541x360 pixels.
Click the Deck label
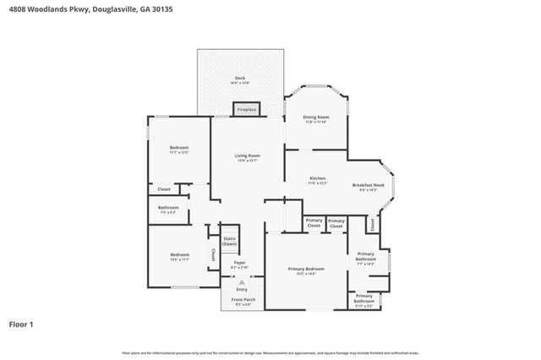pyautogui.click(x=240, y=79)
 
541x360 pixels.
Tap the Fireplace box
pyautogui.click(x=247, y=110)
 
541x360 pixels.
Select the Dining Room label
pyautogui.click(x=316, y=117)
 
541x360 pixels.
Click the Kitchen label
pyautogui.click(x=318, y=178)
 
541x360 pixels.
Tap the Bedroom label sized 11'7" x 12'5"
pyautogui.click(x=178, y=148)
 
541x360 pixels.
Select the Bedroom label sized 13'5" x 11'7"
pyautogui.click(x=179, y=254)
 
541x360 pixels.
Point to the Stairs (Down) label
pyautogui.click(x=229, y=241)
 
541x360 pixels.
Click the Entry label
pyautogui.click(x=242, y=289)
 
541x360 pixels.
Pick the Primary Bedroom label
pyautogui.click(x=305, y=269)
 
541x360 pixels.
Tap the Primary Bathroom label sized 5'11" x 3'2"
pyautogui.click(x=364, y=297)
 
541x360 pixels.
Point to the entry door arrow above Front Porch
pyautogui.click(x=242, y=281)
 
